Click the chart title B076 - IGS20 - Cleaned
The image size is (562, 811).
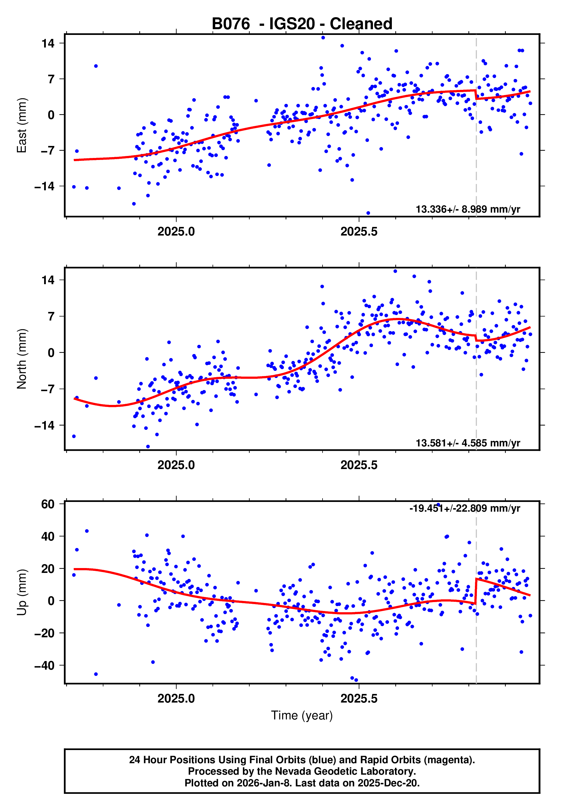(302, 24)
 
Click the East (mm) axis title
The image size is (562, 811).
(22, 125)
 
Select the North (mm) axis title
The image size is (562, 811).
(22, 359)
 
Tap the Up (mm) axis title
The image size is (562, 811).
(22, 592)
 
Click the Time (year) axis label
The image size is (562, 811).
(302, 716)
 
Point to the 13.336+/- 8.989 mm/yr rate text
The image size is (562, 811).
(468, 209)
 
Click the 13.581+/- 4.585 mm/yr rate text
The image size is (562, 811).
(468, 443)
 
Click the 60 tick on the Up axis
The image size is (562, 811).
(48, 504)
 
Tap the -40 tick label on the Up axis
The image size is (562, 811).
(45, 665)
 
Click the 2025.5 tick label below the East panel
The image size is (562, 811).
(359, 232)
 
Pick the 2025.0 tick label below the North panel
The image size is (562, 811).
(176, 465)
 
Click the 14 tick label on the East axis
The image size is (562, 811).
(48, 43)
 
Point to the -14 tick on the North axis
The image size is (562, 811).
(45, 426)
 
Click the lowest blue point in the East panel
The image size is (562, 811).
(368, 213)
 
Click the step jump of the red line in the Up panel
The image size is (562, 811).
(476, 591)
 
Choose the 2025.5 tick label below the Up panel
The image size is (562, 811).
(359, 699)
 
